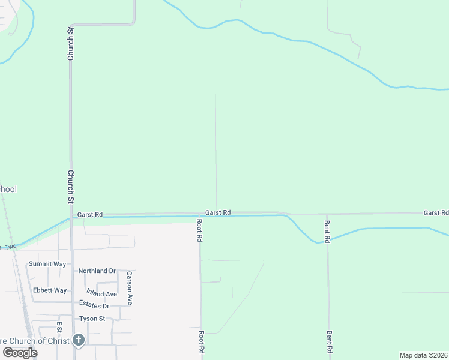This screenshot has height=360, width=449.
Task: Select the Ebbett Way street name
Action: tap(50, 290)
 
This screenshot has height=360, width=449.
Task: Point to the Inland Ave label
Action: tap(101, 293)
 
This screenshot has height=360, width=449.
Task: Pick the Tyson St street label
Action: tap(92, 319)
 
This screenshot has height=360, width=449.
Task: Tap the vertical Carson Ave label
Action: tap(129, 288)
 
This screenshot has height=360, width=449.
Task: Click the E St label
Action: tap(59, 327)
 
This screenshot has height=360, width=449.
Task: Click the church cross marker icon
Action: tap(78, 340)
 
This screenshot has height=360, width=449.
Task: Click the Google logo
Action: tap(20, 353)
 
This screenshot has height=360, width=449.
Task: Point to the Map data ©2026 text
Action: tap(424, 355)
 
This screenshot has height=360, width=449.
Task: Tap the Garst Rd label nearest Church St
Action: tap(90, 214)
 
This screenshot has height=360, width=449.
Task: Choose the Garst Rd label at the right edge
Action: tap(436, 213)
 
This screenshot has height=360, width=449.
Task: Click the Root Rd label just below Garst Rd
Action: tap(200, 230)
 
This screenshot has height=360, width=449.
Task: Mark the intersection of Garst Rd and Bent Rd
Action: tap(327, 214)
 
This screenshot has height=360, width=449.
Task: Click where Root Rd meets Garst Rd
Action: tap(200, 214)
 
